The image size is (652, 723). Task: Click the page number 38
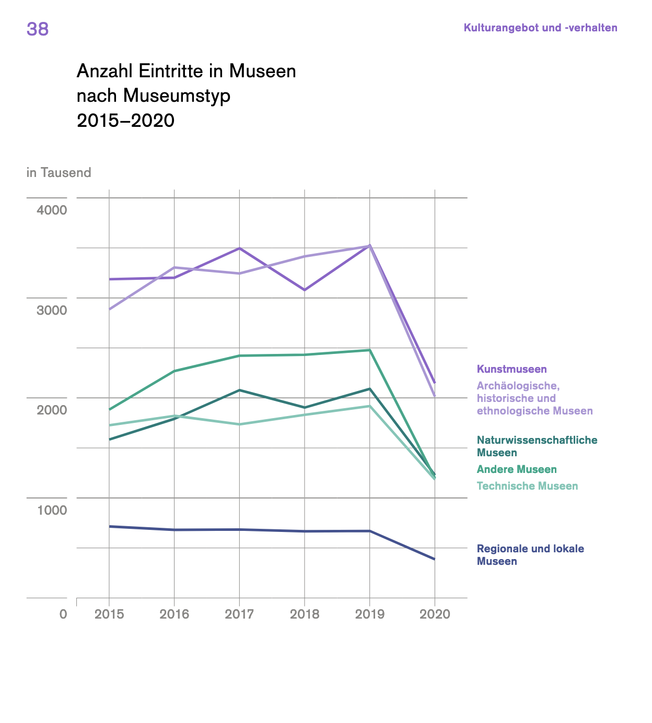pos(38,29)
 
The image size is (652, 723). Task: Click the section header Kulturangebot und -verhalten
pos(540,28)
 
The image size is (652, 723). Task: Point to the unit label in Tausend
pos(59,173)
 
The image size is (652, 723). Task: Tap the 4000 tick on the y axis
pos(52,210)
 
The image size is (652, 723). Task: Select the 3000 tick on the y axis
pos(52,310)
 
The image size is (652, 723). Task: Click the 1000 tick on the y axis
pos(52,510)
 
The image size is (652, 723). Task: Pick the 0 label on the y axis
pos(63,614)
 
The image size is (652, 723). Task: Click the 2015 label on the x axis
pos(109,614)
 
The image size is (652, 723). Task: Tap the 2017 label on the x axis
pos(239,614)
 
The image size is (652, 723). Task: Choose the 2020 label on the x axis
pos(435,614)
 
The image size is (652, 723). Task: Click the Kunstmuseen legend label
pos(511,369)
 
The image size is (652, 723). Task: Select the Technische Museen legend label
pos(527,486)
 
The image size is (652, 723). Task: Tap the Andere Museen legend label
pos(517,469)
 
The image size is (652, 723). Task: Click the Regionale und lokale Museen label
pos(530,555)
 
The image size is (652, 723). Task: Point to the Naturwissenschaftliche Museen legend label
pos(537,446)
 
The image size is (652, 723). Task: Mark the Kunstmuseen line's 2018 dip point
pos(305,290)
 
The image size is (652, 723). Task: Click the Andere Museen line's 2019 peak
pos(370,350)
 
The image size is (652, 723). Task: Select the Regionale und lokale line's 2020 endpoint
pos(435,559)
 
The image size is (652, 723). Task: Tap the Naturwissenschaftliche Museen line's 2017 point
pos(239,390)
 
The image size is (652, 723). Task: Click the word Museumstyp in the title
pos(177,96)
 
